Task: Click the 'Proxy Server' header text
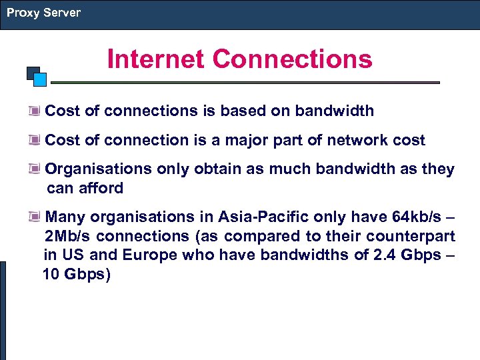click(43, 13)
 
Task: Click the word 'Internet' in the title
click(155, 59)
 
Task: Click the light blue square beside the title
click(40, 79)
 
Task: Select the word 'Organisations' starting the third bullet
click(99, 169)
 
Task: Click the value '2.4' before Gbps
click(383, 255)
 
